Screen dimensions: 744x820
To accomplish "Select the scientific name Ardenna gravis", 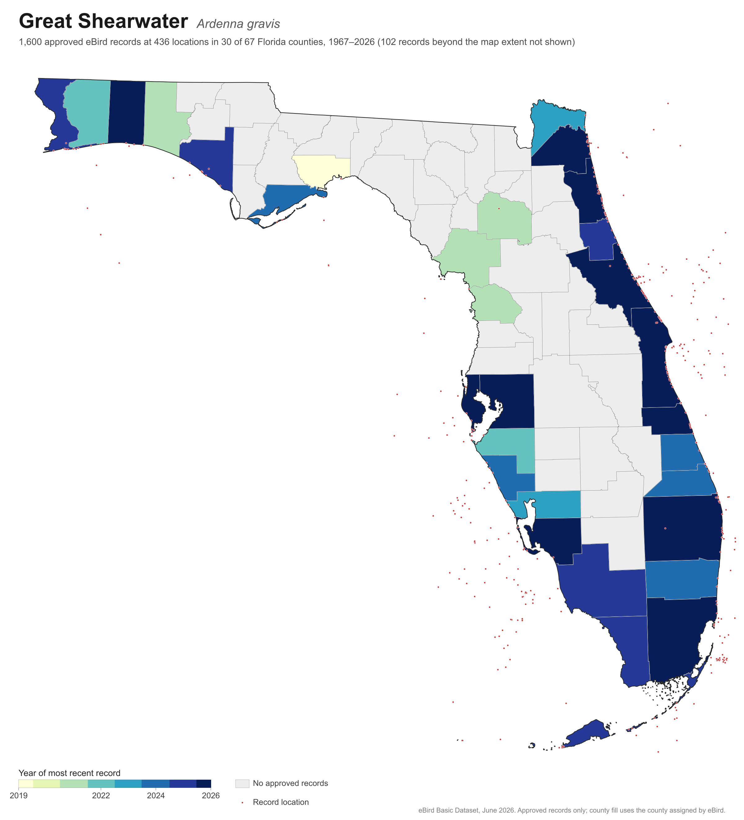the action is (x=238, y=24).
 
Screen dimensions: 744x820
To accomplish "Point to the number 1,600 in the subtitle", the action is (x=30, y=42).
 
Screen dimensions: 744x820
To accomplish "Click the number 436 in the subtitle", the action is (x=161, y=42).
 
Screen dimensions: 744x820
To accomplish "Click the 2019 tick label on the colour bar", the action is (x=19, y=796).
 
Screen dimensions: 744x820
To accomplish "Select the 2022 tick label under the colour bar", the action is (x=101, y=796).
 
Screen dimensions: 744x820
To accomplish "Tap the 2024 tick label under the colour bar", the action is (x=156, y=796).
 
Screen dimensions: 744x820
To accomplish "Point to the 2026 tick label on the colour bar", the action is (x=211, y=796).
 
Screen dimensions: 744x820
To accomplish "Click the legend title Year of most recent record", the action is (x=69, y=773).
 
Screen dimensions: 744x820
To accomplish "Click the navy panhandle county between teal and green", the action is (x=126, y=112).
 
